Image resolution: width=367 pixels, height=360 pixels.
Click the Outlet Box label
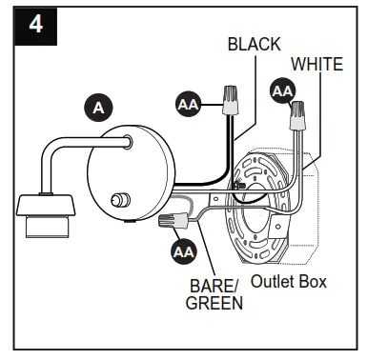[x=288, y=282]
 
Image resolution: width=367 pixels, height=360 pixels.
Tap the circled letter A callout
[x=97, y=108]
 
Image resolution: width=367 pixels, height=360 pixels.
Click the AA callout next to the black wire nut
[x=189, y=103]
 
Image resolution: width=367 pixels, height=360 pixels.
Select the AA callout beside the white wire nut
[x=283, y=91]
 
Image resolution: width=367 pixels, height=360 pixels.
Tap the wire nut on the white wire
[x=298, y=115]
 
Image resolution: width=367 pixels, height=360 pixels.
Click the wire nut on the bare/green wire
[x=172, y=225]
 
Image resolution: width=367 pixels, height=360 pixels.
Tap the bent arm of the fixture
[x=67, y=152]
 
